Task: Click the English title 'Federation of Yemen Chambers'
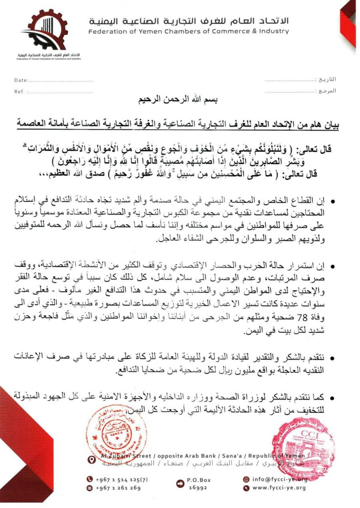(188, 31)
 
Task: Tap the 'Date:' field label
(21, 80)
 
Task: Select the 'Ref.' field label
(19, 92)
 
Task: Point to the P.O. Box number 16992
(197, 488)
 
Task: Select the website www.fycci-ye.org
(278, 488)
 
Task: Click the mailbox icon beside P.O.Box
(180, 484)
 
